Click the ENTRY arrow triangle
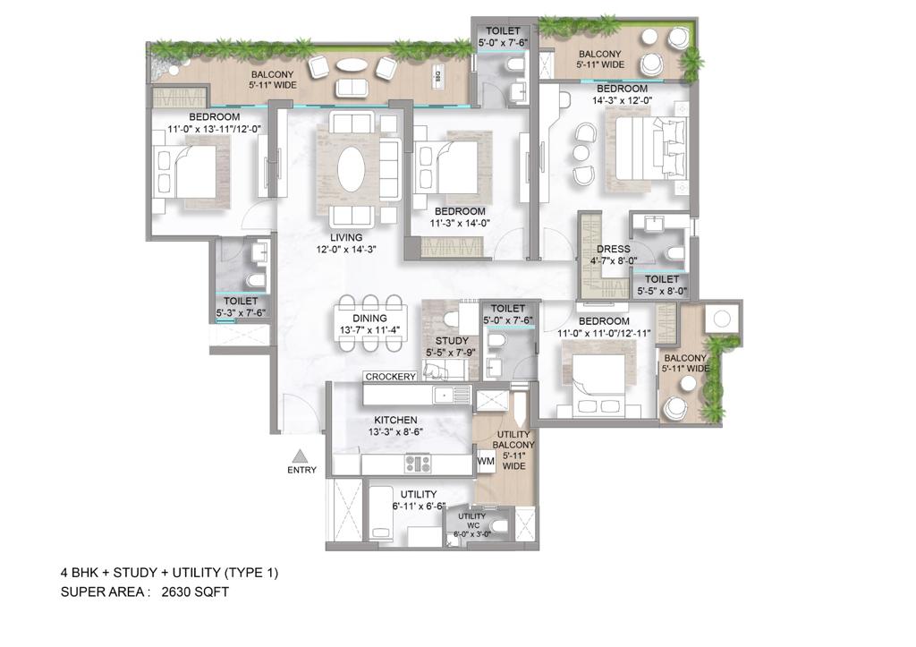point(301,455)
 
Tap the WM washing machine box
point(486,462)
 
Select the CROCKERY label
point(390,377)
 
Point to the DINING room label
point(369,324)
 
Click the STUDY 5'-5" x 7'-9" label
point(452,346)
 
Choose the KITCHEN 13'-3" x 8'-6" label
point(395,426)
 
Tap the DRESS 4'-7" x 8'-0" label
point(613,255)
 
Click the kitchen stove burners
point(418,464)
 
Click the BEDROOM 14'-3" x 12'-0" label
point(622,95)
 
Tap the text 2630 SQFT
point(195,592)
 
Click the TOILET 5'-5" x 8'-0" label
point(662,285)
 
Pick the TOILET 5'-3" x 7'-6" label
point(241,307)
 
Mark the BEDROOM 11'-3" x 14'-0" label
point(460,217)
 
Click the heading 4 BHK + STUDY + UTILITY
point(169,573)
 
